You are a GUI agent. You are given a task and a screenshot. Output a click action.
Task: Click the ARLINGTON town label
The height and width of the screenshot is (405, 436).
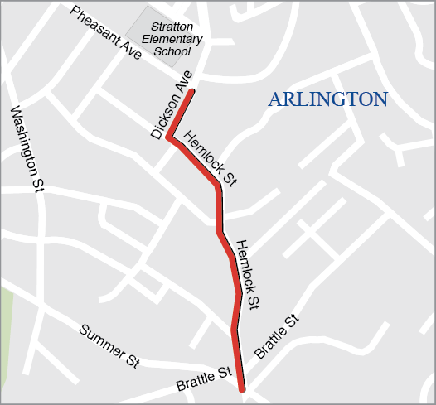click(327, 99)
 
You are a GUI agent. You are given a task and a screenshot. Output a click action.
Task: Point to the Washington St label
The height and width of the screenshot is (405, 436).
click(26, 149)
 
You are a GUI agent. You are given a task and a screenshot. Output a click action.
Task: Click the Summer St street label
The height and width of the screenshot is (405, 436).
click(109, 345)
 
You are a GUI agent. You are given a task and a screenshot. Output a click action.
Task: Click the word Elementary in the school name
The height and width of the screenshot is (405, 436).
click(172, 39)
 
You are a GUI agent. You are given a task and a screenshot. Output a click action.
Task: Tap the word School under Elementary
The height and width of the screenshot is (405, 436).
click(172, 51)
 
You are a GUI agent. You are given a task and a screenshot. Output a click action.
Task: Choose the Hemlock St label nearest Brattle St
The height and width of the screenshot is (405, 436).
click(248, 275)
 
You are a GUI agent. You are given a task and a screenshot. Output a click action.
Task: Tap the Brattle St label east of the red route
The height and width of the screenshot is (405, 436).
click(275, 336)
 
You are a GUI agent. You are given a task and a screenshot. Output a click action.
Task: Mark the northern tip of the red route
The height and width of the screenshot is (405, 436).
click(192, 90)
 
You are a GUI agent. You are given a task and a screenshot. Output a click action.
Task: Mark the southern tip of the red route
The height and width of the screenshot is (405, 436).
click(242, 389)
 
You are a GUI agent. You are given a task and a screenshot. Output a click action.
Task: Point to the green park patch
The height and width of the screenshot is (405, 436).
click(7, 323)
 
